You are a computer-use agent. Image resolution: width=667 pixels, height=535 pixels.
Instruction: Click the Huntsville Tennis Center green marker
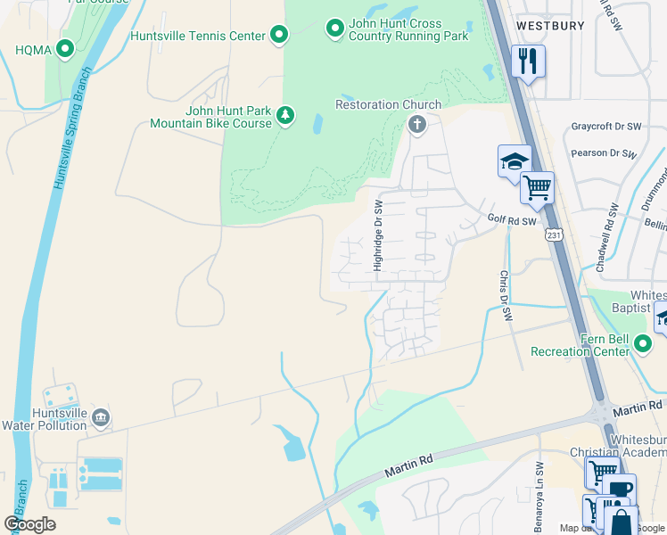point(279,36)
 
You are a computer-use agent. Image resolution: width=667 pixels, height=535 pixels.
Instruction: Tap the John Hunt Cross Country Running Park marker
point(334,29)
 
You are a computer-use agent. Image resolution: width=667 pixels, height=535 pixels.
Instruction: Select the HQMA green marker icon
point(64,49)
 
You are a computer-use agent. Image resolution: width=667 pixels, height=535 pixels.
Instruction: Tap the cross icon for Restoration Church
point(416,125)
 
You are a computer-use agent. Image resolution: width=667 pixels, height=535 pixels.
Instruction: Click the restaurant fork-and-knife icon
point(528,62)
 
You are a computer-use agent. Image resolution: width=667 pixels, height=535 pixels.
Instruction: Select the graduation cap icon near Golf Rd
point(515,161)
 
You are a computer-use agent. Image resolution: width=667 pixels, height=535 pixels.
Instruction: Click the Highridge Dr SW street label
point(378,236)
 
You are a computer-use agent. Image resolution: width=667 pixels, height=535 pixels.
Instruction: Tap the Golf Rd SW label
point(512,220)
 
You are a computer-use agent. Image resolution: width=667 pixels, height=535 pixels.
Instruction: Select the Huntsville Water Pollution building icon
point(101,417)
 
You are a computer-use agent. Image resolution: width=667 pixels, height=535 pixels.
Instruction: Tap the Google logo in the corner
point(29,524)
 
